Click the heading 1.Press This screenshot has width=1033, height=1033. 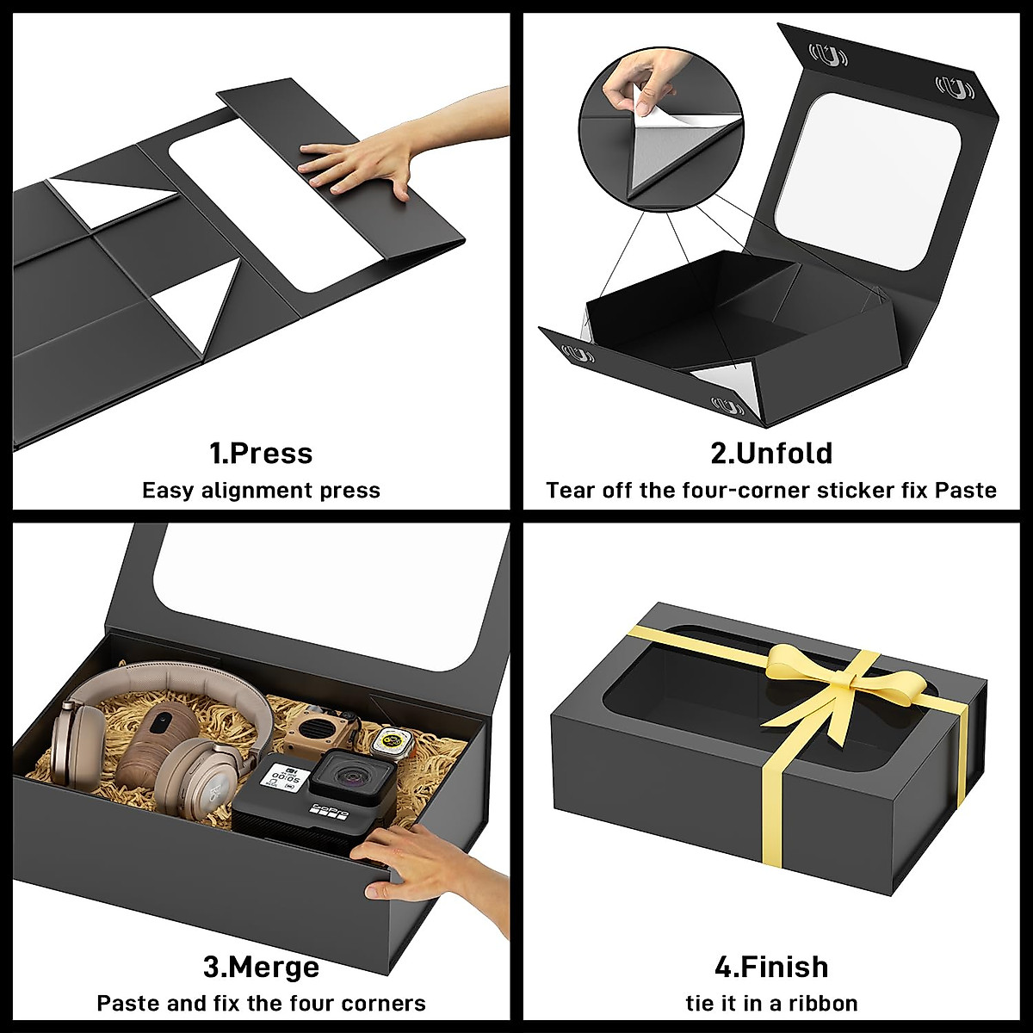click(x=261, y=454)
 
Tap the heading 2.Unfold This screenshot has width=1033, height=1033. click(x=771, y=454)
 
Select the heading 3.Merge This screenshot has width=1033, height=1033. click(x=261, y=967)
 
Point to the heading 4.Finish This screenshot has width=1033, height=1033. click(x=771, y=967)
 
